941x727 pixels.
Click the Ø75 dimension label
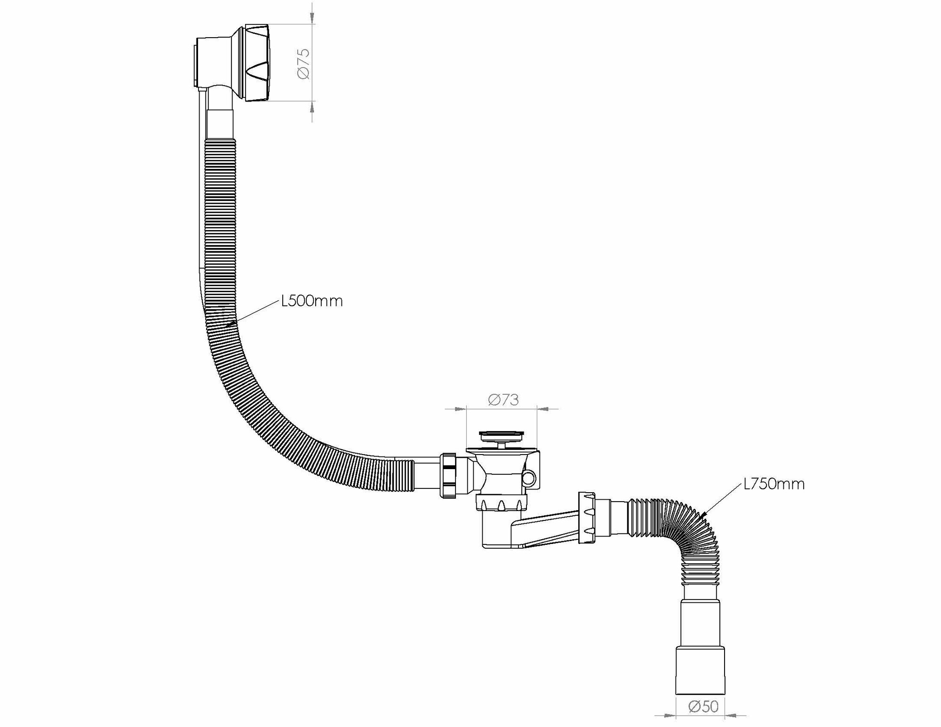pos(303,63)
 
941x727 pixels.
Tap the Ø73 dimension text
pos(503,399)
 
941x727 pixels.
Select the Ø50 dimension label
pos(703,706)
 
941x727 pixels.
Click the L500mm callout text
pos(312,301)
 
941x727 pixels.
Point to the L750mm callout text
pos(774,484)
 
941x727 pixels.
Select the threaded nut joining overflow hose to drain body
pos(448,475)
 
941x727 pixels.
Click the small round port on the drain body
pos(530,479)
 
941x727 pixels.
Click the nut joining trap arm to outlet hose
pos(586,518)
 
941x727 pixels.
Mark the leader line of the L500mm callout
pos(254,313)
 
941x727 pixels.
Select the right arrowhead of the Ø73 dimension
pos(543,409)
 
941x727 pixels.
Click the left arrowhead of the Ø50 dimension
pos(670,716)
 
